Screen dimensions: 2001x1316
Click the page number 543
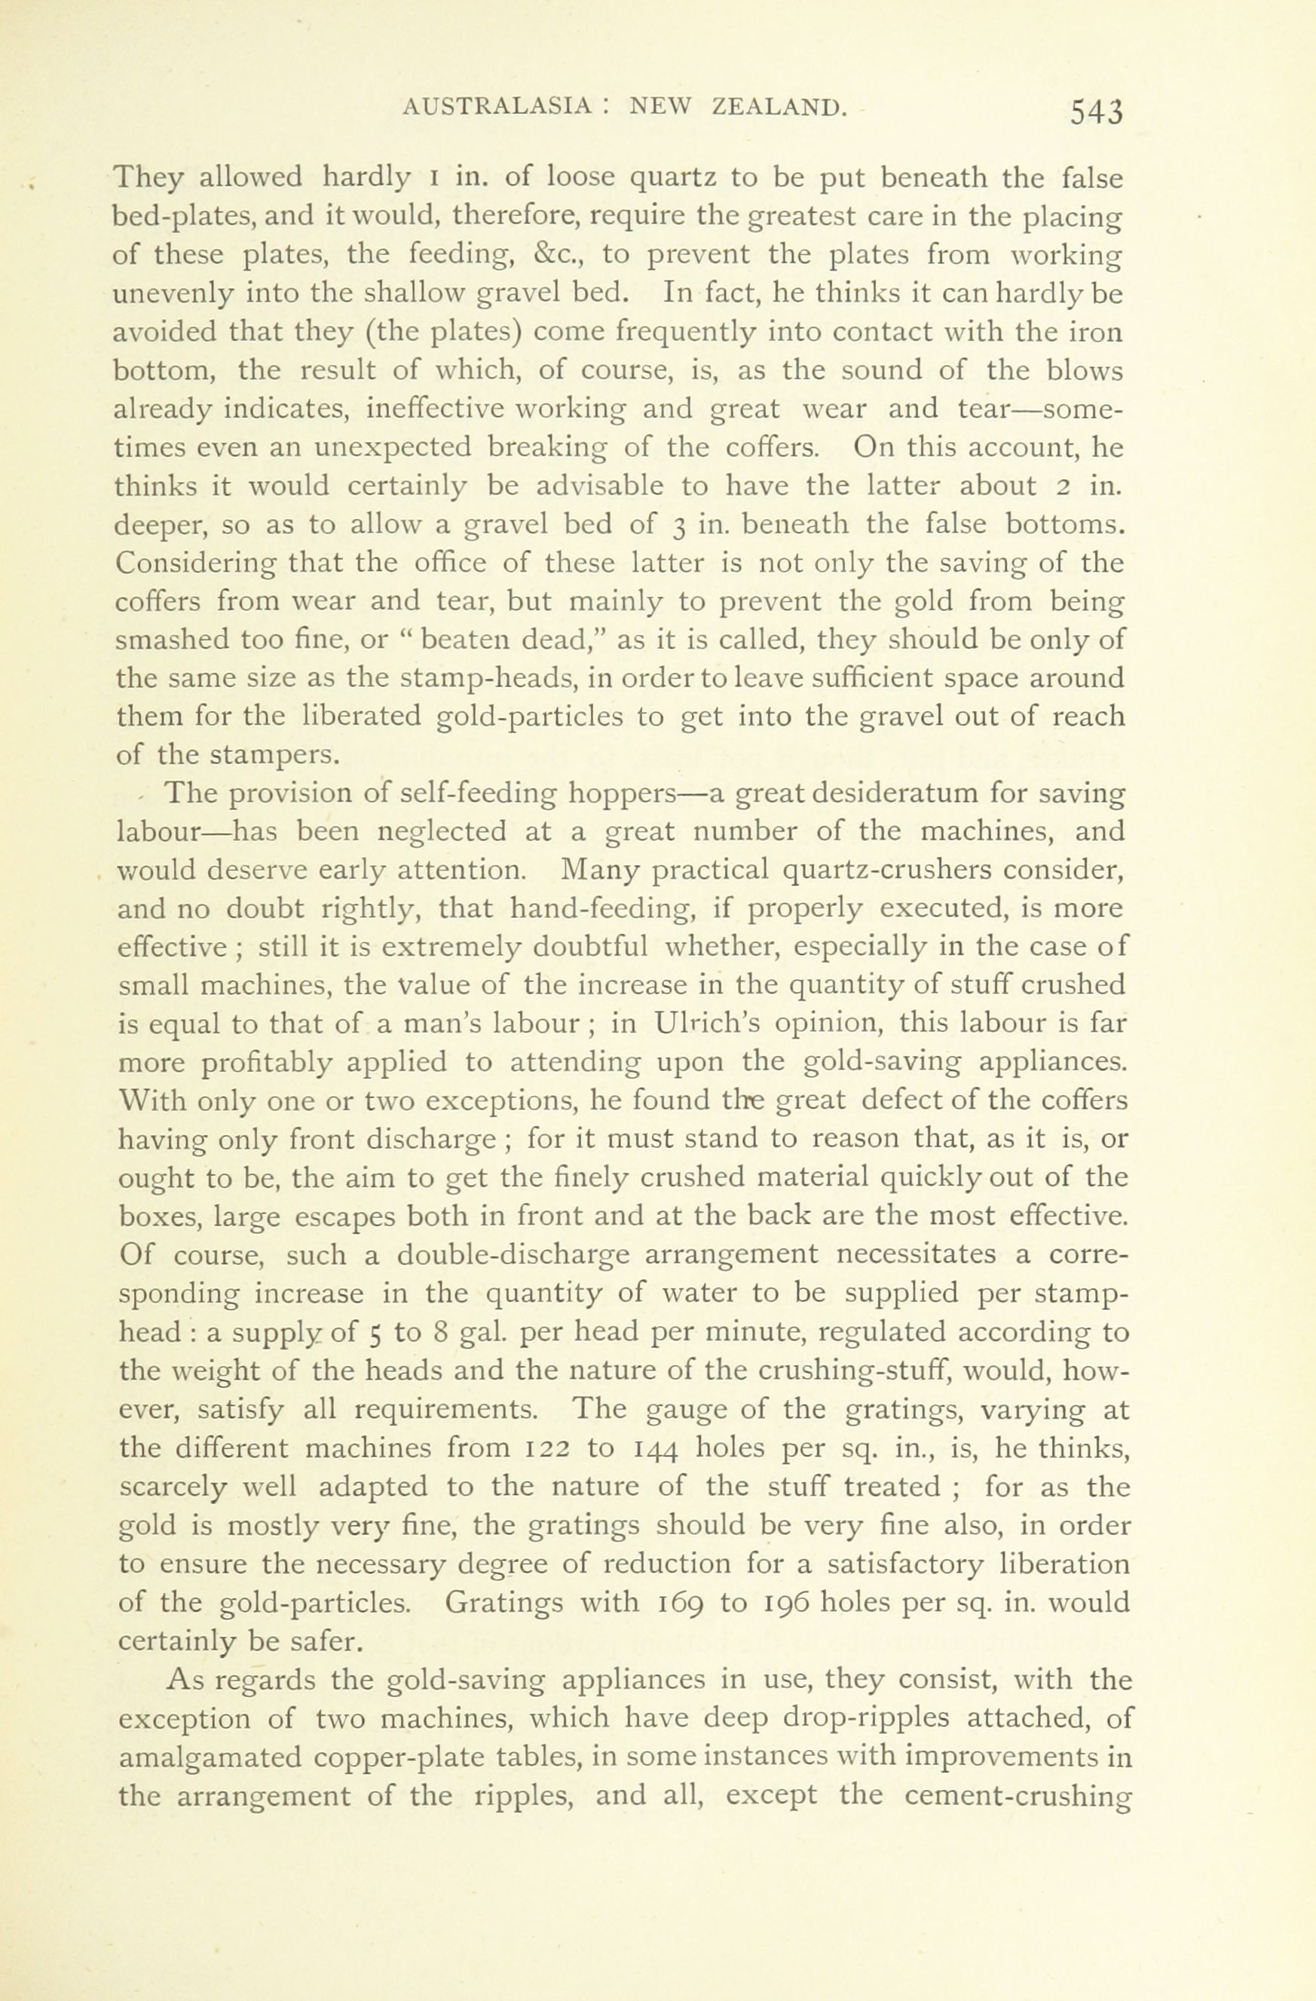click(x=1096, y=112)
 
